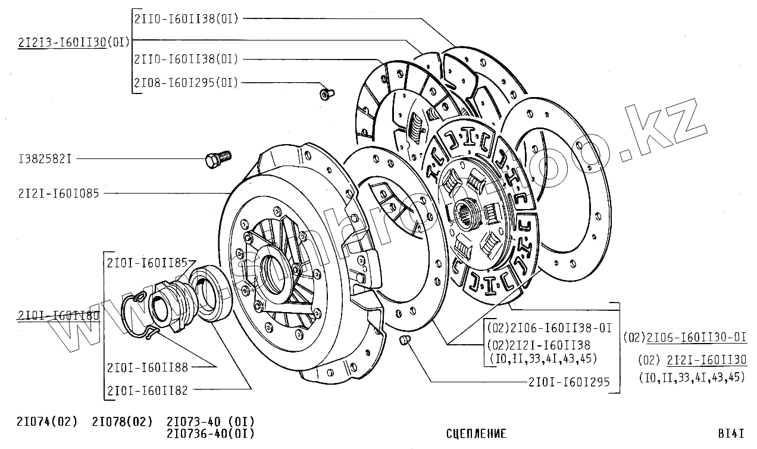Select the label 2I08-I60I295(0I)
coord(186,83)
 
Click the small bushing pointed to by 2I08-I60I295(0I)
coord(326,93)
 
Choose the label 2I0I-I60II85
coord(147,261)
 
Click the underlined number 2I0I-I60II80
coord(58,316)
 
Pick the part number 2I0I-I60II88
coord(148,367)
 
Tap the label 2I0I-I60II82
coord(148,390)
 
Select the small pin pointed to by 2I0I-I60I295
coord(404,340)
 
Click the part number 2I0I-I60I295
coord(569,382)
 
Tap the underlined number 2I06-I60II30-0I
coord(696,337)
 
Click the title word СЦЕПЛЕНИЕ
coord(476,434)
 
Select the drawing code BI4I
coord(731,434)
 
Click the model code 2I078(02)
coord(122,422)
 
